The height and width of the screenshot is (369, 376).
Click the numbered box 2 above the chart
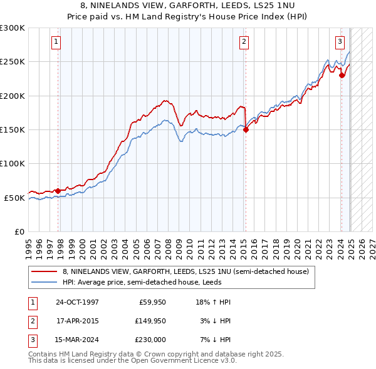point(243,42)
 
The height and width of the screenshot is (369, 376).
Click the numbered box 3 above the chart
point(340,42)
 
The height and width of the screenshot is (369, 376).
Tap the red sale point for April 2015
point(246,130)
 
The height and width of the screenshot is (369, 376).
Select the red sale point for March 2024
point(342,76)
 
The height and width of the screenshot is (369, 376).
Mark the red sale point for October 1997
point(58,191)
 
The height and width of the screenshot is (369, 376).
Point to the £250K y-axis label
point(12,62)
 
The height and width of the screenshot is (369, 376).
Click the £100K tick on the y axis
point(12,163)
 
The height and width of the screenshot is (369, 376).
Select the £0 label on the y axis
point(19,231)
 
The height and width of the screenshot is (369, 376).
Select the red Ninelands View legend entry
point(185,272)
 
